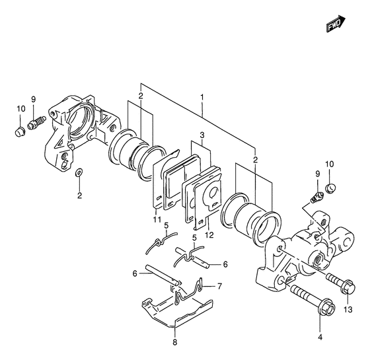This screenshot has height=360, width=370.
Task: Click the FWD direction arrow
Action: click(336, 24)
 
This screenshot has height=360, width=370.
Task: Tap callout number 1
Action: click(202, 97)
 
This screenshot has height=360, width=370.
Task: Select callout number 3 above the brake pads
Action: click(202, 135)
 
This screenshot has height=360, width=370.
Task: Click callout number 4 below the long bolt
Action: click(320, 338)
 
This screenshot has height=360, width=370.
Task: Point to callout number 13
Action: click(348, 309)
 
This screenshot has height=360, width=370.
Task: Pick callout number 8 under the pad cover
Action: click(174, 342)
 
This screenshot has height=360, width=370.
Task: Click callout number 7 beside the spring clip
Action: click(219, 287)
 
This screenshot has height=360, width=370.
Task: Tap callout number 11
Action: click(157, 219)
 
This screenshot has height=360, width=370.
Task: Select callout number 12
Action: click(209, 234)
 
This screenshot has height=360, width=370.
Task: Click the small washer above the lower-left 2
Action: click(79, 172)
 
